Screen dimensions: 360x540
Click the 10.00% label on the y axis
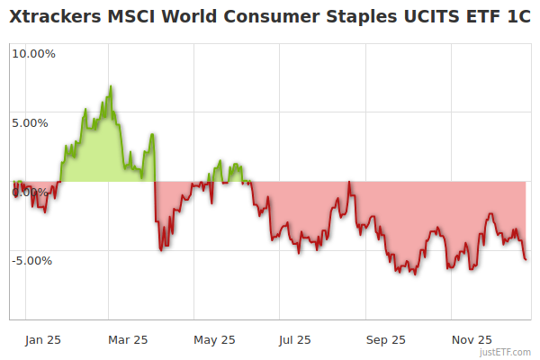point(33,53)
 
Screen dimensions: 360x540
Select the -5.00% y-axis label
point(33,261)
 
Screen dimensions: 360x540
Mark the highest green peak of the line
point(111,86)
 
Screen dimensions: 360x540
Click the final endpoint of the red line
point(526,259)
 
